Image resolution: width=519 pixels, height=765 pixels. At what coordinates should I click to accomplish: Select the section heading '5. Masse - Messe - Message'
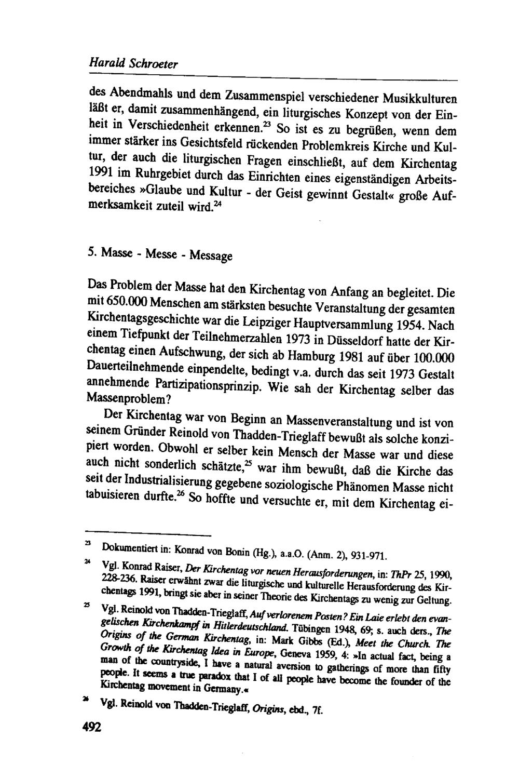159,254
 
